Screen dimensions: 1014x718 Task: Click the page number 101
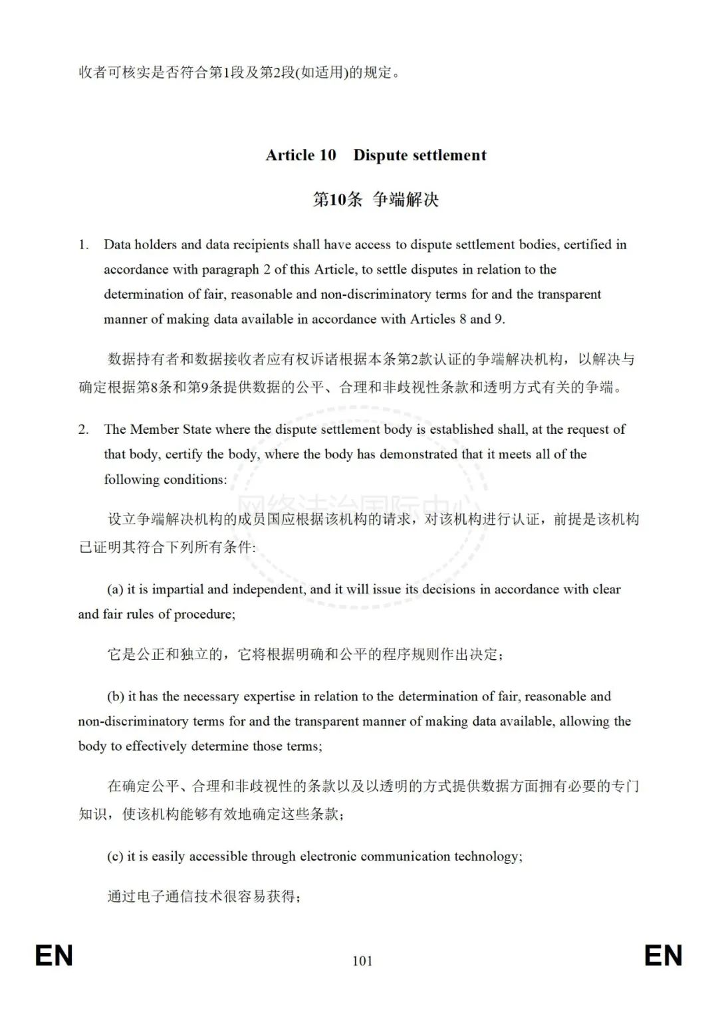[362, 960]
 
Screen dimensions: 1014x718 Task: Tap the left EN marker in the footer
[54, 956]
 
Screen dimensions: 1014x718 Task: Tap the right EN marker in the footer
[663, 956]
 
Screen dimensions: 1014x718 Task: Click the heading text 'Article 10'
[300, 155]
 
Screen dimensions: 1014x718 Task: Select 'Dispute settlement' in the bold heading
[419, 155]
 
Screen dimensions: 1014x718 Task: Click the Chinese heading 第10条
[337, 199]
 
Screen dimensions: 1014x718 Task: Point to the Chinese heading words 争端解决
[406, 199]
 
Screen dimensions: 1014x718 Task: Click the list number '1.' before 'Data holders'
[83, 245]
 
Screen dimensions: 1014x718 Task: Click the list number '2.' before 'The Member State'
[83, 429]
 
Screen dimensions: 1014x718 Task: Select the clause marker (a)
[115, 589]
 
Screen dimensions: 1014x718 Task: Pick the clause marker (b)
[116, 696]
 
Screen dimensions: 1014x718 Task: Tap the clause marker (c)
[115, 857]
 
